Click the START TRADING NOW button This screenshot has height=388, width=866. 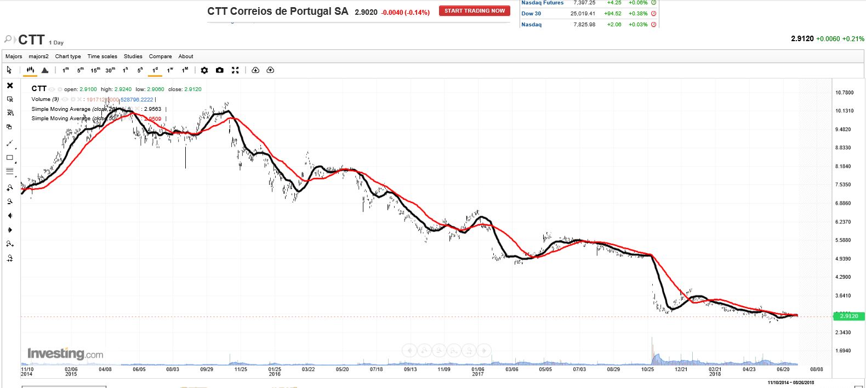pyautogui.click(x=474, y=11)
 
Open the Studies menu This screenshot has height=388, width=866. pyautogui.click(x=133, y=57)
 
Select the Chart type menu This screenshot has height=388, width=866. pyautogui.click(x=68, y=57)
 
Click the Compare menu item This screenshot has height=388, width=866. pyautogui.click(x=160, y=57)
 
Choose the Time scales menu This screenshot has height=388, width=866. pyautogui.click(x=102, y=57)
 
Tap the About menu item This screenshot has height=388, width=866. pyautogui.click(x=186, y=57)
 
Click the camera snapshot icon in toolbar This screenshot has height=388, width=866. pyautogui.click(x=220, y=70)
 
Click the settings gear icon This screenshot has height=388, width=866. pyautogui.click(x=204, y=70)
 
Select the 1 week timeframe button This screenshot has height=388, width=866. pyautogui.click(x=170, y=70)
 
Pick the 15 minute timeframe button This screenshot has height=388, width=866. pyautogui.click(x=95, y=70)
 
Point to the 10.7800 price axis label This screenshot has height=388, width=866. pyautogui.click(x=844, y=93)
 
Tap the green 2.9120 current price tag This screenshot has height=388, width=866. pyautogui.click(x=848, y=316)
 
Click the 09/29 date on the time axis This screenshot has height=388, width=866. pyautogui.click(x=207, y=369)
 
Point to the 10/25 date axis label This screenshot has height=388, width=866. pyautogui.click(x=647, y=369)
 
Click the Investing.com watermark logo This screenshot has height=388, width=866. pyautogui.click(x=65, y=354)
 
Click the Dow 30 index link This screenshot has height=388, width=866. pyautogui.click(x=531, y=14)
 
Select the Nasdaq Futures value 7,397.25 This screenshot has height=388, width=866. pyautogui.click(x=584, y=3)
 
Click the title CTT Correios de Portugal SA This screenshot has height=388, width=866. pyautogui.click(x=277, y=12)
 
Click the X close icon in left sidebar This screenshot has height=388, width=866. pyautogui.click(x=10, y=86)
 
